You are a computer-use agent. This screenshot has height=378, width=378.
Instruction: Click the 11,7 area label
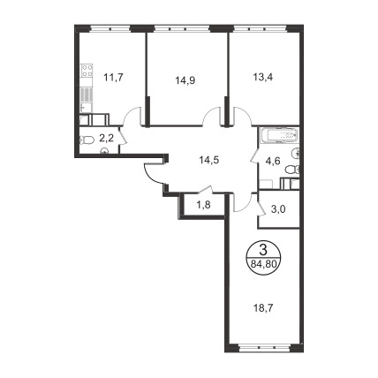113,78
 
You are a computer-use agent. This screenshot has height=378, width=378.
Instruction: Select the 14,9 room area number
185,79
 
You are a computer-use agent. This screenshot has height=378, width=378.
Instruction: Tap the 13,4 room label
263,77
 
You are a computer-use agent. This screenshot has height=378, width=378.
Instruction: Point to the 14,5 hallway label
209,160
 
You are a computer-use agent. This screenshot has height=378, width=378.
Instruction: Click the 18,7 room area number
263,308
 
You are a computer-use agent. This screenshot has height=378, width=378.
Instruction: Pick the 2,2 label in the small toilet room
106,139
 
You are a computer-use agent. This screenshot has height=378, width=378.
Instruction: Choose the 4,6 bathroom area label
272,161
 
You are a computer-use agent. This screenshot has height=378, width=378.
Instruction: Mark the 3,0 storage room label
277,209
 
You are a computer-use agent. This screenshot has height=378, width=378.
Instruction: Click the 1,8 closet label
203,205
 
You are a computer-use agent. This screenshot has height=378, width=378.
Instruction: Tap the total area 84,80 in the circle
263,264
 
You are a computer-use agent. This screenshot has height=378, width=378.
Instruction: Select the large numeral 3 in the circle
263,251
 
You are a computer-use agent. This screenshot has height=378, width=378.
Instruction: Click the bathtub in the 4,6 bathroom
280,136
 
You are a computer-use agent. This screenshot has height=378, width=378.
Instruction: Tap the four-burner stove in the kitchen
87,72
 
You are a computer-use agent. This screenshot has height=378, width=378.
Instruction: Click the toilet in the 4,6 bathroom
292,170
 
